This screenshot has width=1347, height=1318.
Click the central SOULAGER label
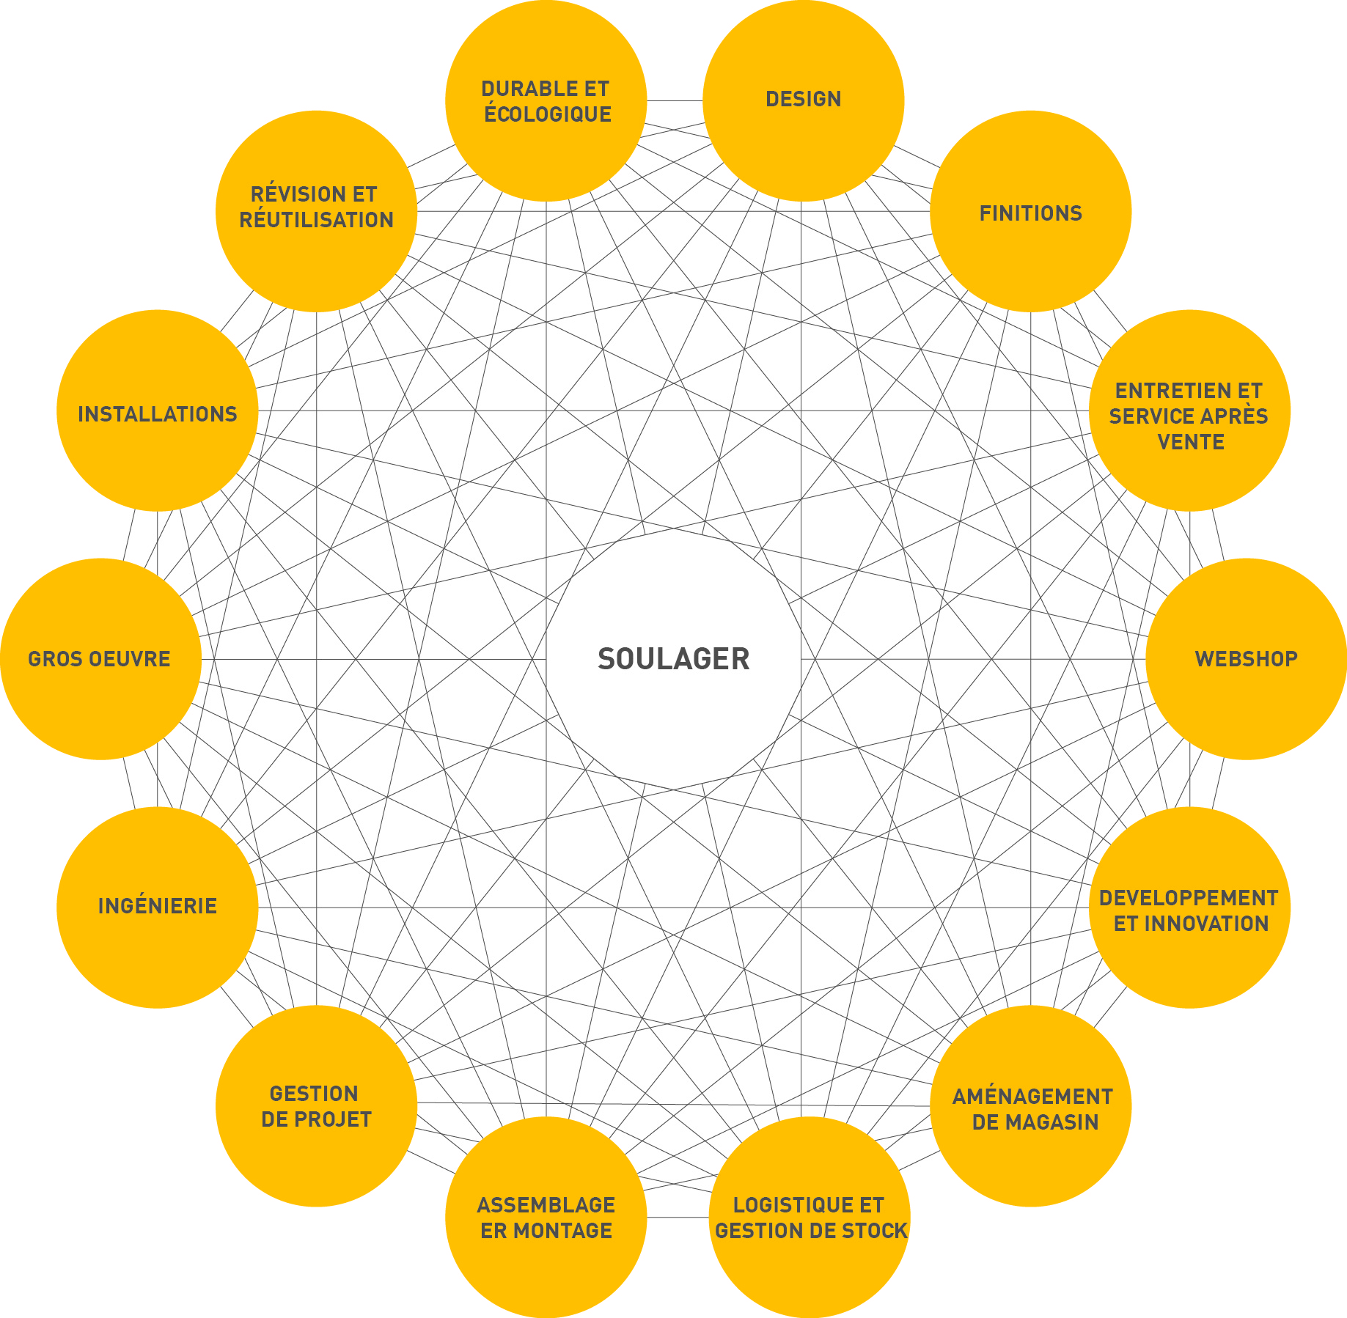coord(673,659)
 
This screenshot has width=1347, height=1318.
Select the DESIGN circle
coord(804,100)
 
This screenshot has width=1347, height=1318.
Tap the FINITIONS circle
coord(1031,211)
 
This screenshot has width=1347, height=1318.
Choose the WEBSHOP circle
coord(1247,659)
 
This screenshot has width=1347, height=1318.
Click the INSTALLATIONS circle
coord(158,411)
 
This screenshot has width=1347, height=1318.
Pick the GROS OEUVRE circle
coord(100,659)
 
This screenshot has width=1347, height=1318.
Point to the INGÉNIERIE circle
coord(158,907)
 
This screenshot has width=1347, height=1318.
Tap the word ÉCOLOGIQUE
coord(548,114)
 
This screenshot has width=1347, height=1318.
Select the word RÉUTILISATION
coord(317,220)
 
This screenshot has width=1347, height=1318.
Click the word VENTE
coord(1191,442)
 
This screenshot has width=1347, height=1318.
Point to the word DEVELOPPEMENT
coord(1189,898)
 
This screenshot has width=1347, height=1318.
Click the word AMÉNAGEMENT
coord(1033,1097)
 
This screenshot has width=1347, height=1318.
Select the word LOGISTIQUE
coord(789,1205)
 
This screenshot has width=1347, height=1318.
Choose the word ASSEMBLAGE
coord(546,1205)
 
